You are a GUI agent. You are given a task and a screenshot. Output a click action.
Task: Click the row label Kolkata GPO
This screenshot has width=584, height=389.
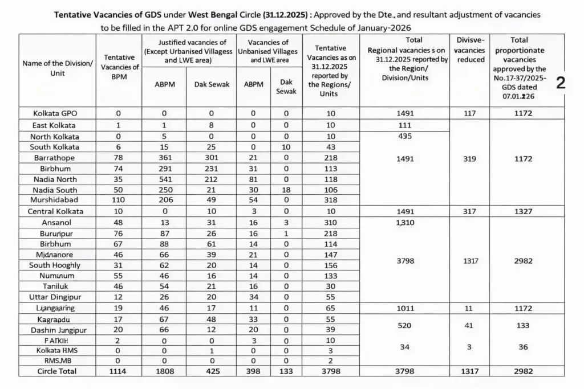coord(57,113)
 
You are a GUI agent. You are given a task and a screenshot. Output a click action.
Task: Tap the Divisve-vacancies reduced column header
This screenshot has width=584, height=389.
coord(471,50)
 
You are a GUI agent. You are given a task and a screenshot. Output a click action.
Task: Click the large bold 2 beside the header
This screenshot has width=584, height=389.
coord(561,83)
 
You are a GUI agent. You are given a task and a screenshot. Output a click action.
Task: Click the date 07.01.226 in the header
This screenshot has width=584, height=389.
coord(518,97)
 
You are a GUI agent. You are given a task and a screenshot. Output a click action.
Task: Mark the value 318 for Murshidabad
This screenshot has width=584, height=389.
coord(327,200)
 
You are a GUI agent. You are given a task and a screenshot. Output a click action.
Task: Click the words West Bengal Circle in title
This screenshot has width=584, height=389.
coord(214,14)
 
